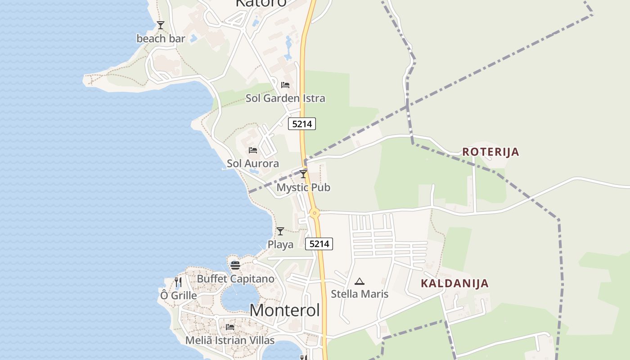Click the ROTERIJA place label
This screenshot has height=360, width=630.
pos(490,152)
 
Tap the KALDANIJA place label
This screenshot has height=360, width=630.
pos(454,283)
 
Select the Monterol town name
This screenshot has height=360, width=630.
pos(285,310)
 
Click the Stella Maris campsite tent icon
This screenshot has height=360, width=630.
pos(359,282)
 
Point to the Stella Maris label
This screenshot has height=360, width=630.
pos(360,294)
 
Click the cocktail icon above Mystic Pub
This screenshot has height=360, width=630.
pos(303,174)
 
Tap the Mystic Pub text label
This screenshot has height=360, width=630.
pos(303,187)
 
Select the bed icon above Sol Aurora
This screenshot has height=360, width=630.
pos(253,150)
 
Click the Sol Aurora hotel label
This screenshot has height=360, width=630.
pos(253,163)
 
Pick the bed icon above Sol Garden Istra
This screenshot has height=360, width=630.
pos(285,85)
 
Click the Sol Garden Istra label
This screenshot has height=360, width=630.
pos(285,98)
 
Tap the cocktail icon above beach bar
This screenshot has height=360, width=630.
pos(161,25)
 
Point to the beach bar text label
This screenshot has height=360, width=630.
pos(161,39)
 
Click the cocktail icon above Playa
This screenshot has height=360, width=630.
pos(280,231)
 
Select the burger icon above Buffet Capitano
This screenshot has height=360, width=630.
pos(235,265)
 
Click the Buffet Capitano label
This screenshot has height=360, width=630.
pos(235,279)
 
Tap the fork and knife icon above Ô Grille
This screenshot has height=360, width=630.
pos(178,282)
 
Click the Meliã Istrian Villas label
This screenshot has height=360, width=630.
pos(228,340)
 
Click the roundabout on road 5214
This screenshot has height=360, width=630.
pos(315,213)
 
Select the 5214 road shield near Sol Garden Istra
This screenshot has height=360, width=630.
pos(302,124)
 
